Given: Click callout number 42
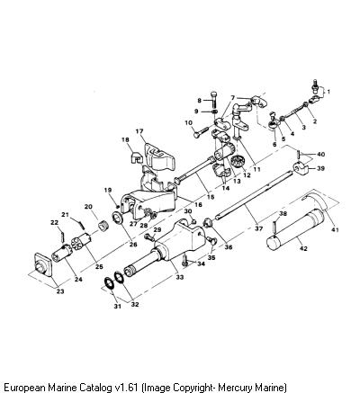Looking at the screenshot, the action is coord(303,248).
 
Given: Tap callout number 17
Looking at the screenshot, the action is coord(139,131).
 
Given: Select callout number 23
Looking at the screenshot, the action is coord(60,291).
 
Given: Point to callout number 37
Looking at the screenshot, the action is coord(258,228).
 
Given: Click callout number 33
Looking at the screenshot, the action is coord(179,277).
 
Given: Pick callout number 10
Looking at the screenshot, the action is coord(188,123).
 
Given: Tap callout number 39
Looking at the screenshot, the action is coord(320,168).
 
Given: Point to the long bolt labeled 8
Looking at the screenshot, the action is coord(214,100).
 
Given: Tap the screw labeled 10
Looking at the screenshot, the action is coord(201,131).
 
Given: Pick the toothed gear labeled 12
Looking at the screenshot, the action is coord(238,164).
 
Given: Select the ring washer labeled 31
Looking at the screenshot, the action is coord(109,283).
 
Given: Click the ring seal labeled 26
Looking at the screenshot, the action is coord(118,218).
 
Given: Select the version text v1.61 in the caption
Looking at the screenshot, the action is coord(127,387).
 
